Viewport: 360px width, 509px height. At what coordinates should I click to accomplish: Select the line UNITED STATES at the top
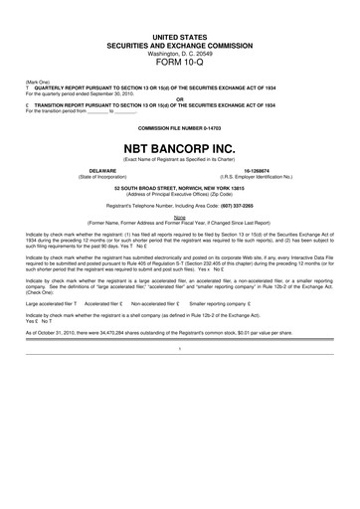[179, 36]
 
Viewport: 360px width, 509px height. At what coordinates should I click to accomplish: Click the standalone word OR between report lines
[179, 98]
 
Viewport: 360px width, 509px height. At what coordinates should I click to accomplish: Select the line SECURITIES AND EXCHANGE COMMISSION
[179, 45]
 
